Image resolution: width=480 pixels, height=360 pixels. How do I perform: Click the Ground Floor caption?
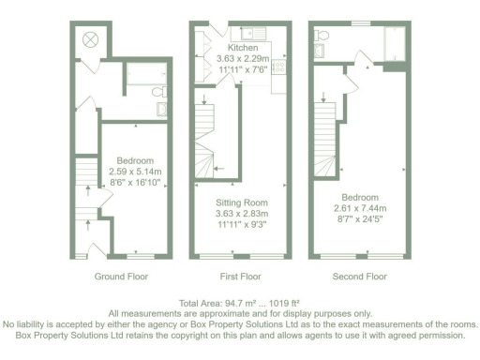[x=122, y=277]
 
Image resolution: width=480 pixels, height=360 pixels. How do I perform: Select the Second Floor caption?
[x=360, y=277]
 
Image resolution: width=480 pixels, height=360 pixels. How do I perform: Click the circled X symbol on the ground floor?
[x=91, y=39]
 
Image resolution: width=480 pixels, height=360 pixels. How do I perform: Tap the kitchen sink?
[x=263, y=36]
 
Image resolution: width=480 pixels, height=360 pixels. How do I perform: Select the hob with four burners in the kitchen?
[x=277, y=65]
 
